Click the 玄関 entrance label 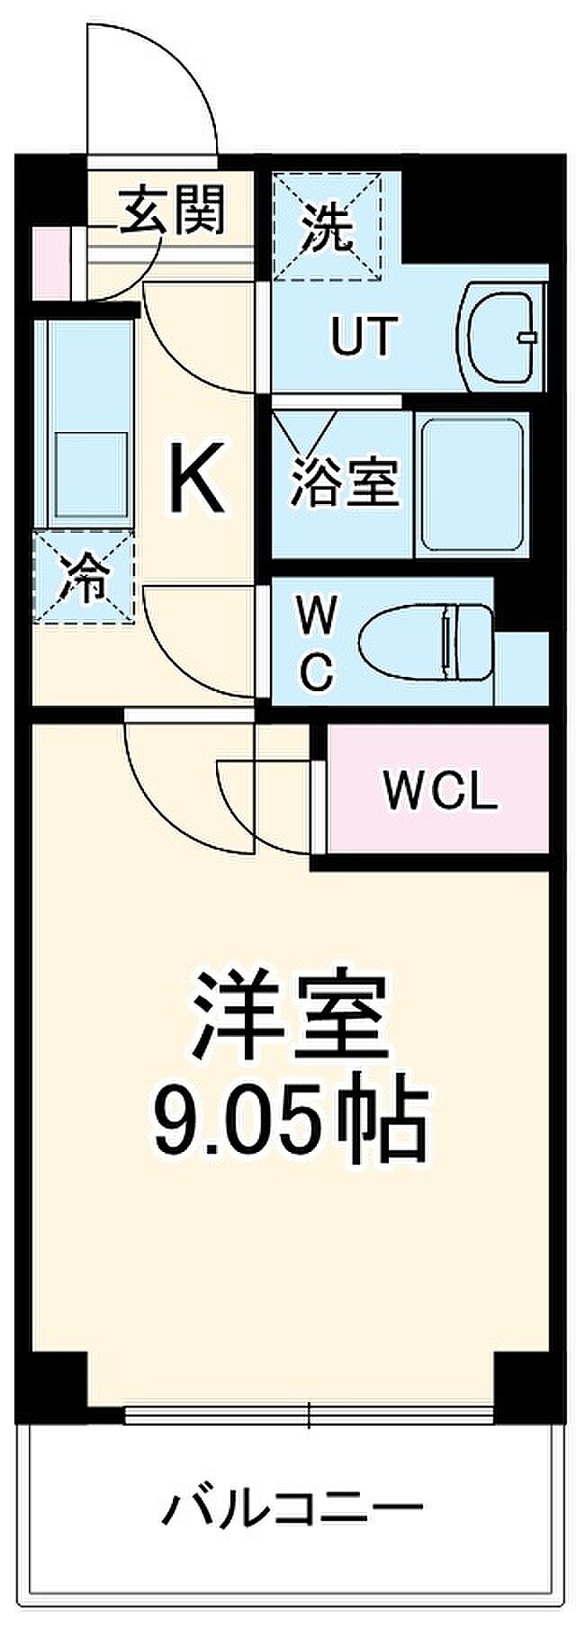coord(173,210)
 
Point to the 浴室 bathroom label coord(344,479)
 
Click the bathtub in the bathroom coord(472,486)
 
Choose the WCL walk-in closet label coord(439,791)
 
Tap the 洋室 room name coord(288,1017)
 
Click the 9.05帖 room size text coord(288,1120)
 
